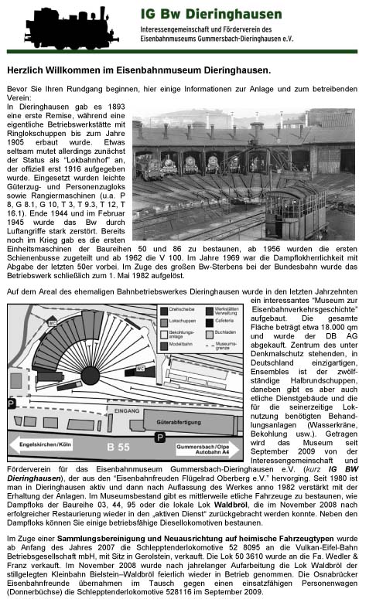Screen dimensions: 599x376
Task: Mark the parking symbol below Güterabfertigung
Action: pos(158,437)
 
